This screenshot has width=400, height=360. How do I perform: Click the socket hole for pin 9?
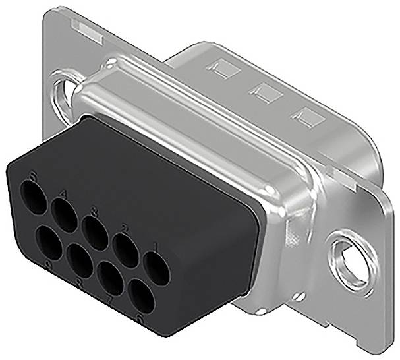(49, 242)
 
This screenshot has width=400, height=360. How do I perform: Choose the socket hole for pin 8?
(80, 260)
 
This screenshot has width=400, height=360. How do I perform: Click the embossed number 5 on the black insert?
(34, 175)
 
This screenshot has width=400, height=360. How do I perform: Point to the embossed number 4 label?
(64, 193)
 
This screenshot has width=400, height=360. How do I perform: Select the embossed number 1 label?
(156, 249)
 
